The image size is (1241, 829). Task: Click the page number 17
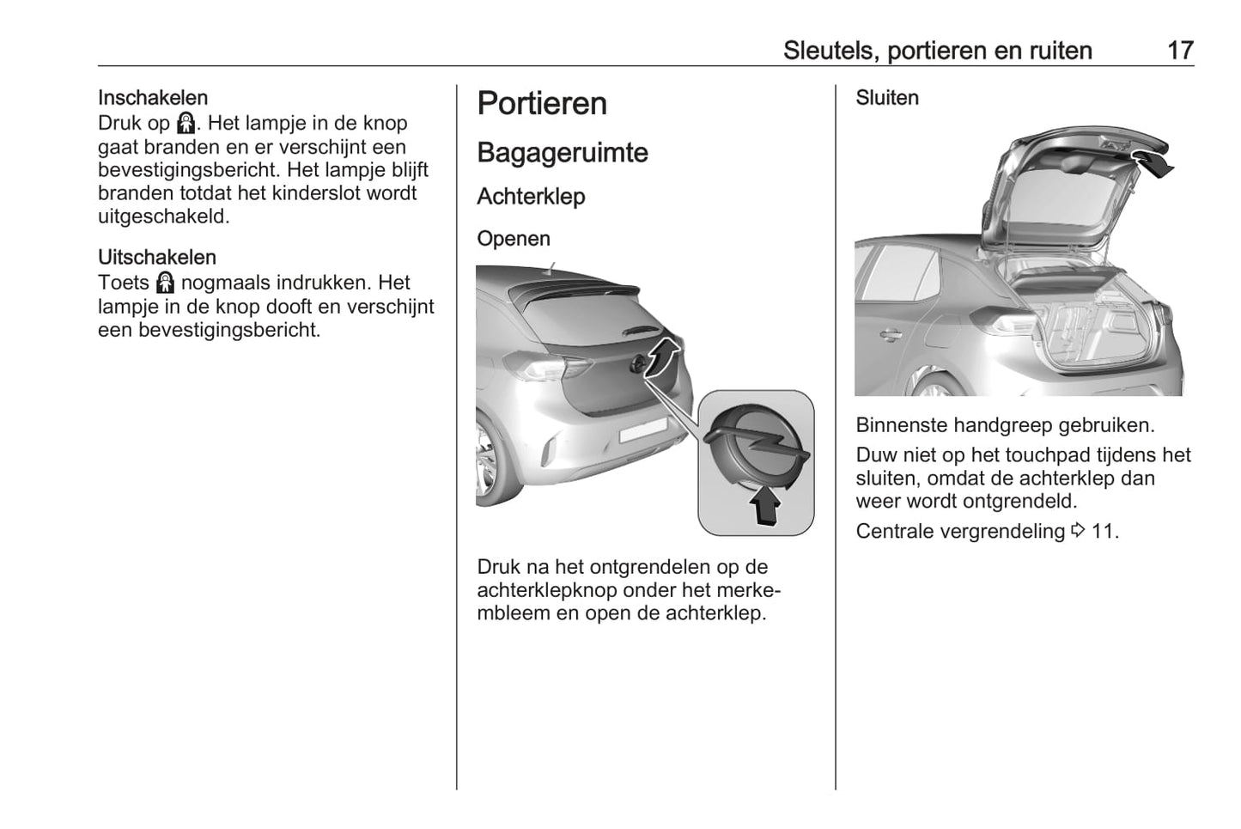(x=1180, y=51)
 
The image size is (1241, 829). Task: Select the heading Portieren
(x=542, y=104)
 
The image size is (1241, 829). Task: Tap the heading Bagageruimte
(x=563, y=153)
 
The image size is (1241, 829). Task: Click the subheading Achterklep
(x=531, y=197)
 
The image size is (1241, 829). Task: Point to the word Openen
(x=514, y=239)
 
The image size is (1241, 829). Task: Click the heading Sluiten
(x=886, y=98)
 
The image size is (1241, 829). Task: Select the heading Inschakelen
(x=153, y=98)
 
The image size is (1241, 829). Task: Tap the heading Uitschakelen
(x=157, y=258)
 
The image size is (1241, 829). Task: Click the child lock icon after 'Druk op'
(x=186, y=124)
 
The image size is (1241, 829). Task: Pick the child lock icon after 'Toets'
(x=165, y=283)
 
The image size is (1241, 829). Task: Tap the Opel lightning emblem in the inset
(x=755, y=444)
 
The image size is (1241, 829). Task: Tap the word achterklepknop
(x=549, y=591)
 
